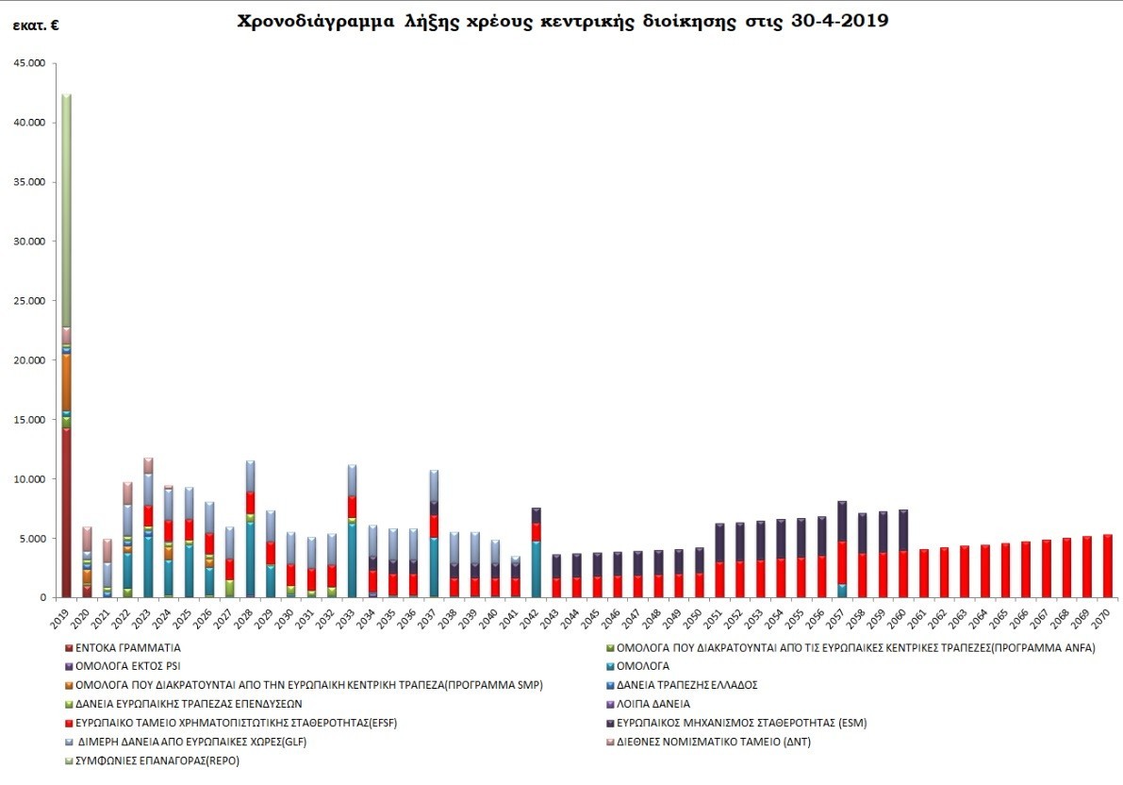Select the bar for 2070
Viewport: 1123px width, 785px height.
(1108, 566)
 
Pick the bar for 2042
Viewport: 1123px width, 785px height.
(536, 553)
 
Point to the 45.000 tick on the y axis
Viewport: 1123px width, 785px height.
(32, 63)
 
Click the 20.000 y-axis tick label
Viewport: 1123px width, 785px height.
(32, 360)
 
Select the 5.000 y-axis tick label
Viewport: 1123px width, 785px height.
(36, 539)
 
